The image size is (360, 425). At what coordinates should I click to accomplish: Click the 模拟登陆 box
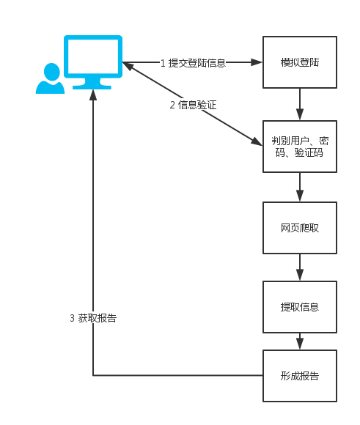coord(300,63)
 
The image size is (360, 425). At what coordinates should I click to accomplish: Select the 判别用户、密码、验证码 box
coord(300,146)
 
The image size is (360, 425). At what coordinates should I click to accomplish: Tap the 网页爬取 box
coord(300,228)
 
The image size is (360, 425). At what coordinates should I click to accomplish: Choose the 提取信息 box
coord(300,306)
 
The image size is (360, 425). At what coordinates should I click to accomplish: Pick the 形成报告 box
coord(300,376)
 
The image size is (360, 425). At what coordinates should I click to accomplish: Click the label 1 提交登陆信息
coord(193,63)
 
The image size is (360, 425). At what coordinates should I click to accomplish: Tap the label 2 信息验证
coord(193,105)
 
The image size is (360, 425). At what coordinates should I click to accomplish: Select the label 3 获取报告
coord(93,318)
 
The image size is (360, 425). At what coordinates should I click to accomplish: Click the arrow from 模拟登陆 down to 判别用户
coord(300,104)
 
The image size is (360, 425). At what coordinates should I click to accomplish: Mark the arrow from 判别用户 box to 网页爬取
coord(300,187)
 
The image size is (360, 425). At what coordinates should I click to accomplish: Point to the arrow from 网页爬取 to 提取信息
coord(300,267)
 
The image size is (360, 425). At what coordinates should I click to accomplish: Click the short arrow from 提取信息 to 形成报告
coord(300,341)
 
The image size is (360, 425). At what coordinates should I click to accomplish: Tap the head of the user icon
coord(51,71)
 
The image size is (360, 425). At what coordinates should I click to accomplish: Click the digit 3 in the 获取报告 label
coord(72,318)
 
